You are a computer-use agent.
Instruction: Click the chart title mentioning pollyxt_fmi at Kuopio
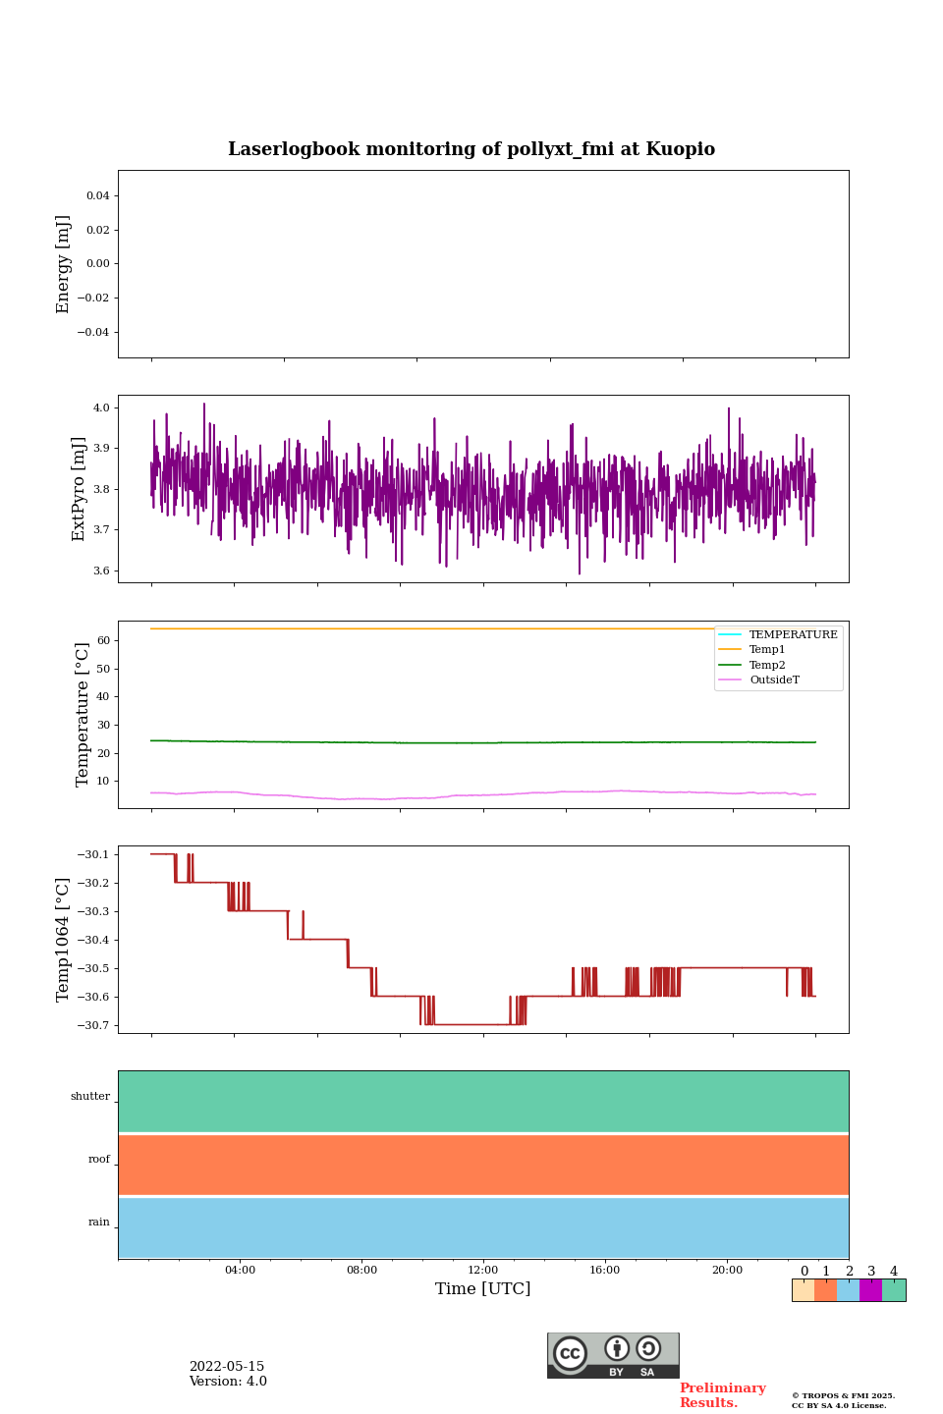pos(471,149)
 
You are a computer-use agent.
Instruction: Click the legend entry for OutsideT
pos(774,680)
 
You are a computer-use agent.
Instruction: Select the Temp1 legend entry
pos(767,650)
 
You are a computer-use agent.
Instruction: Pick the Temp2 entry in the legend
pos(767,665)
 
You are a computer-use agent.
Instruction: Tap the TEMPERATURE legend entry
pos(793,634)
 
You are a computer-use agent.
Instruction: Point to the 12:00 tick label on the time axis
pos(483,1270)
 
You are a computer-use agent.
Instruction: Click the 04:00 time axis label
pos(240,1270)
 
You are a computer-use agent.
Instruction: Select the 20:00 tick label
pos(727,1270)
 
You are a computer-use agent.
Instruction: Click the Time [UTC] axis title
pos(483,1288)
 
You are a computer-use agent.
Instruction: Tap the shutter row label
pos(90,1097)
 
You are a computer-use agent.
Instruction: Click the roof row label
pos(99,1160)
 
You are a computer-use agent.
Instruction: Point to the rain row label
pos(99,1223)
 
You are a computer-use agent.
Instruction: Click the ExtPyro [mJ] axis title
pos(80,489)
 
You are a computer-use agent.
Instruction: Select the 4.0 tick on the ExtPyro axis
pos(101,408)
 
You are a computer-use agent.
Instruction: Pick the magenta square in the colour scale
pos(870,1290)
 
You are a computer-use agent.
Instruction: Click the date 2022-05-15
pos(227,1367)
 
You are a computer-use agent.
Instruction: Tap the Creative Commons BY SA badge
pos(613,1355)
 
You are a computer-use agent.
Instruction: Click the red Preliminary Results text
pos(722,1395)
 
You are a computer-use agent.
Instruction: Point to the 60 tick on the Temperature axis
pos(103,640)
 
